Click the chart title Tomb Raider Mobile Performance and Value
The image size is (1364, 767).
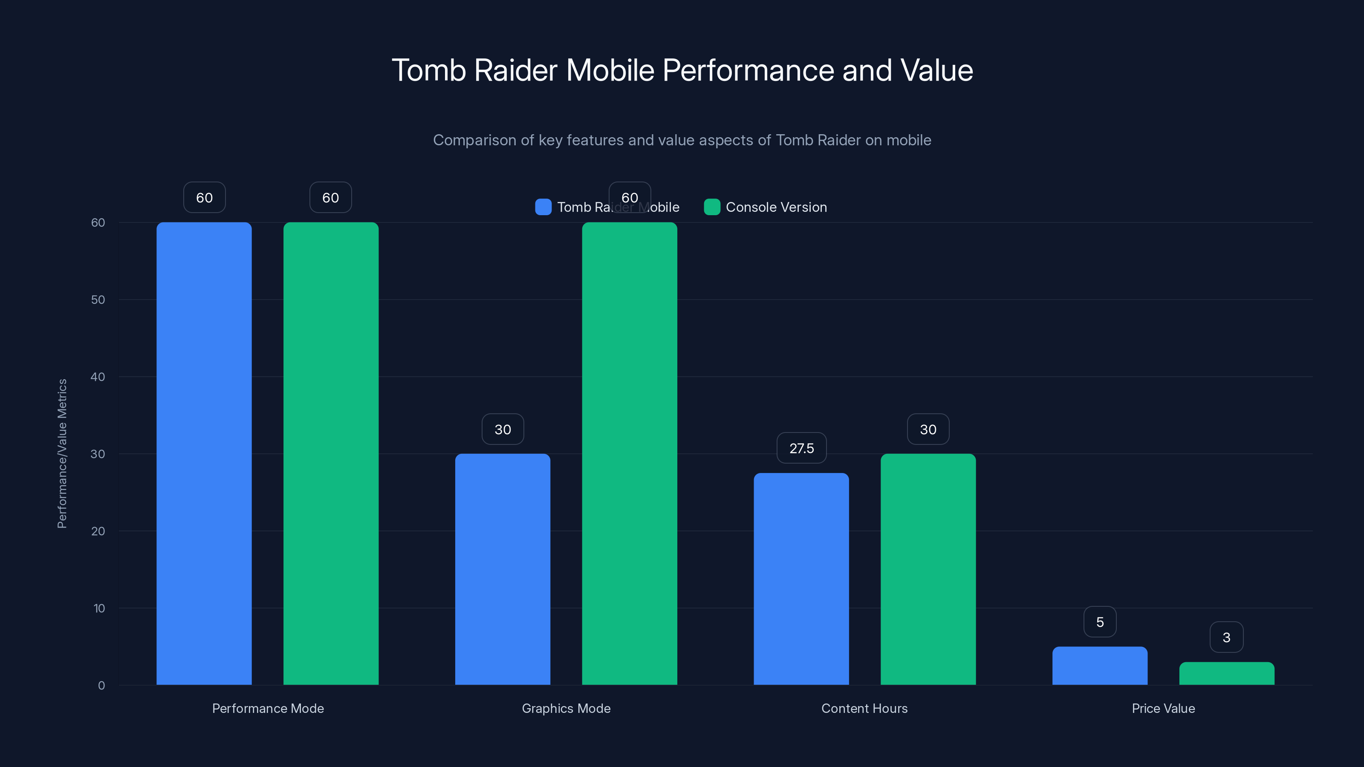tap(682, 70)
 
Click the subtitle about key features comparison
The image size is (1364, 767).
tap(682, 140)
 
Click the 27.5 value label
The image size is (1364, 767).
tap(801, 448)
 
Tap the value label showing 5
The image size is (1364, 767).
tap(1100, 622)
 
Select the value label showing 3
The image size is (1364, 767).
tap(1226, 637)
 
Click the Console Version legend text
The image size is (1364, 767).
tap(776, 207)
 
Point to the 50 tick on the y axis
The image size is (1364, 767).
tap(98, 300)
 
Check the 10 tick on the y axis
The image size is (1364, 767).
tap(99, 608)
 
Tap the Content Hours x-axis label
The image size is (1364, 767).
tap(864, 708)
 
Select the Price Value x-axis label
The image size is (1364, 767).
tap(1163, 708)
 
